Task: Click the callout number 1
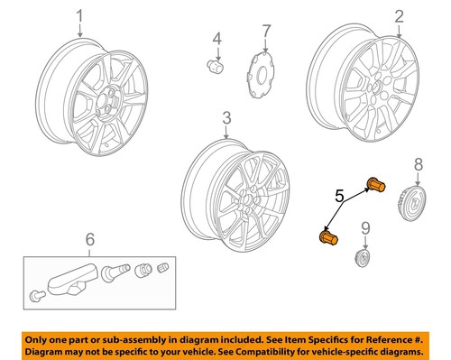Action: (79, 17)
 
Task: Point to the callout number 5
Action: (341, 219)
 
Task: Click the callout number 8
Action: (417, 163)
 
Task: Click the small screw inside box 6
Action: (36, 295)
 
